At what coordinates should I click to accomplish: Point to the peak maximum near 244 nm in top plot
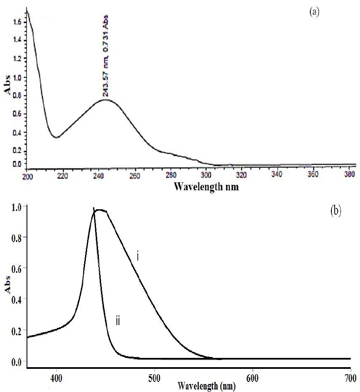pos(104,99)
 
